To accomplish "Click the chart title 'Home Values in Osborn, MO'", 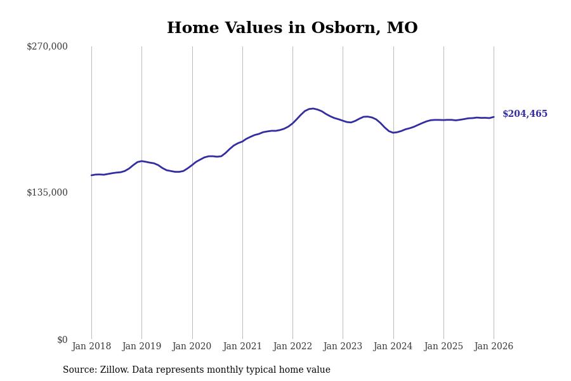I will tap(292, 29).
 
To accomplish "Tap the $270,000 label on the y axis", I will tap(47, 46).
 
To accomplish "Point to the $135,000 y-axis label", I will tap(47, 192).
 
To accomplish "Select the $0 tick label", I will tap(62, 340).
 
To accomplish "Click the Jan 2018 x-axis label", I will tap(91, 347).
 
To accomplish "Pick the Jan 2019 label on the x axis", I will tap(141, 347).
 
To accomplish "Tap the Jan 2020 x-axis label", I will tap(192, 347).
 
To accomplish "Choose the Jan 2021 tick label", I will tap(242, 347).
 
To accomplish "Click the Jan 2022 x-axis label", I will tap(292, 347).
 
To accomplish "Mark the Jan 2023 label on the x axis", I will tap(343, 347).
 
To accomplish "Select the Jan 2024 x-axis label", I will tap(393, 347).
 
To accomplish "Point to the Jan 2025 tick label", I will tap(443, 347).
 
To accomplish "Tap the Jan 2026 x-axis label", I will tap(494, 347).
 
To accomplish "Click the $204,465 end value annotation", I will tap(525, 114).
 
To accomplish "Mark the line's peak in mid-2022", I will tap(312, 109).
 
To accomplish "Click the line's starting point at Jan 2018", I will tap(91, 175).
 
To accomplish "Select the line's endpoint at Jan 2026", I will tap(494, 117).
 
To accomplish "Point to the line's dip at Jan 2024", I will tap(393, 133).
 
